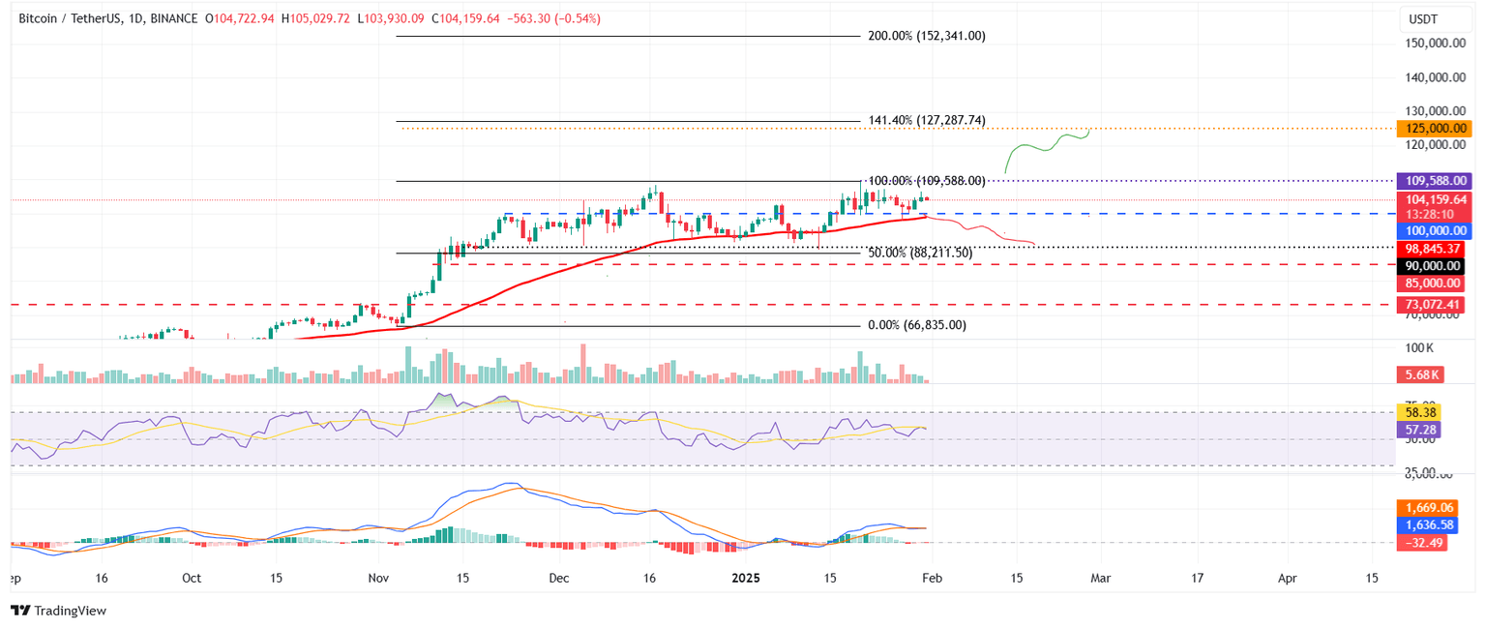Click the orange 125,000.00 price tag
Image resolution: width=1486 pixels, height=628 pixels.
pos(1433,129)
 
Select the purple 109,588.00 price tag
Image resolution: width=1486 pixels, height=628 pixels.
pos(1433,181)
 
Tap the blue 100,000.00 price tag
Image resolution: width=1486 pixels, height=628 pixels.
pos(1433,231)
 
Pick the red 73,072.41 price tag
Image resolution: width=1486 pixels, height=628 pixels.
pos(1433,305)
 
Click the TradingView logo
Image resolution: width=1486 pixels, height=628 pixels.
pos(58,611)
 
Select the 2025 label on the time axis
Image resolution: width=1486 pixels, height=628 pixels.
pos(745,578)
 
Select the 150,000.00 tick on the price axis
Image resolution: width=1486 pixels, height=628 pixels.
pos(1433,44)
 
